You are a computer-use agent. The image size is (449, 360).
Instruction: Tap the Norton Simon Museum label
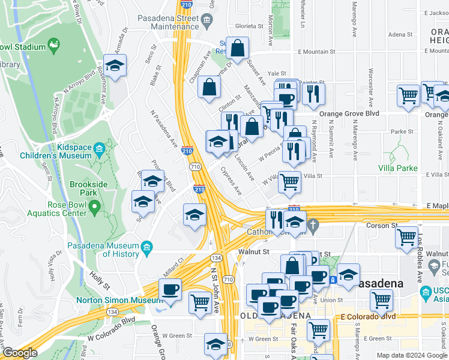tap(112, 300)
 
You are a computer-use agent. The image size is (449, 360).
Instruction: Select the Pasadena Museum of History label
tap(103, 249)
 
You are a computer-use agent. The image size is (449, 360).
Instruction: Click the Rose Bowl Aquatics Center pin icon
tap(94, 208)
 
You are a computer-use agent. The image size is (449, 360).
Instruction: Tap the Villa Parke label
tap(398, 168)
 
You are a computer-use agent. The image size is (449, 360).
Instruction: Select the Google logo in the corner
tap(19, 353)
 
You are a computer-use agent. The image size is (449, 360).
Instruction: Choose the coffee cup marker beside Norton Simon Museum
tap(170, 290)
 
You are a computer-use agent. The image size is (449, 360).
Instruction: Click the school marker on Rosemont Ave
tap(115, 65)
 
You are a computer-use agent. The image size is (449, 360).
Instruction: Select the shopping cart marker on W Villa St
tap(290, 182)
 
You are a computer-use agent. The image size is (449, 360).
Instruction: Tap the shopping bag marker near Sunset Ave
tap(238, 49)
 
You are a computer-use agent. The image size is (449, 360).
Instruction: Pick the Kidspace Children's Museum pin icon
tap(100, 147)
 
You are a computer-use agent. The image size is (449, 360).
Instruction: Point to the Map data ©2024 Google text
tap(411, 355)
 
